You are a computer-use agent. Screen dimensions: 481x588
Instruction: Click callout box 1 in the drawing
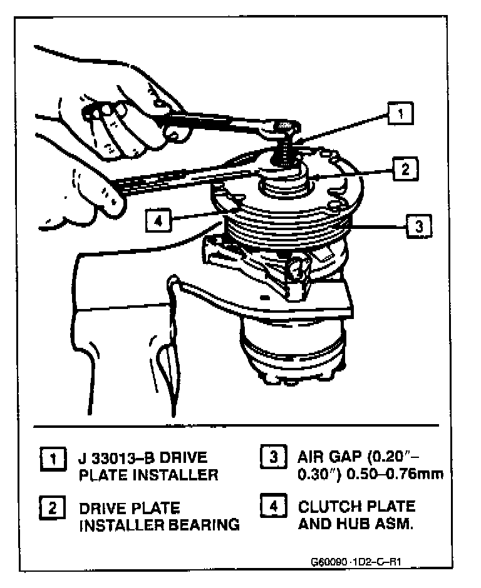[x=400, y=114]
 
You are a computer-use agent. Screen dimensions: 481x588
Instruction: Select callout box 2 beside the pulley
[x=405, y=168]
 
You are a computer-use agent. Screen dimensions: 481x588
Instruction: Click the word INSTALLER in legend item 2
[x=118, y=525]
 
